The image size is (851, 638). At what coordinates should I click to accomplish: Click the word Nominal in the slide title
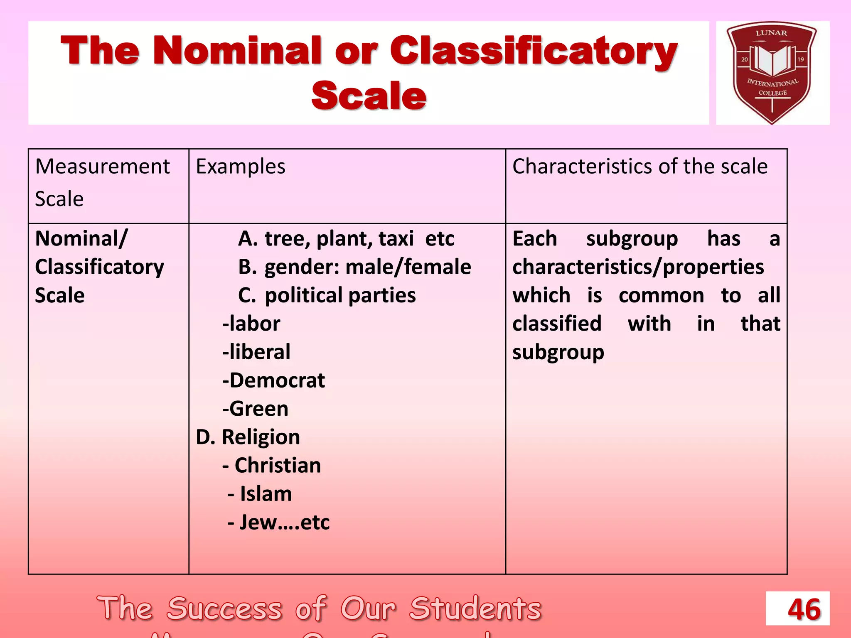[x=237, y=51]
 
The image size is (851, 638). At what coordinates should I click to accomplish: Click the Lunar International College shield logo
[x=772, y=73]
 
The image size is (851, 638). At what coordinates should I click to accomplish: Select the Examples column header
[x=241, y=167]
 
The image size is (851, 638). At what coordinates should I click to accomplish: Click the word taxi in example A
[x=396, y=239]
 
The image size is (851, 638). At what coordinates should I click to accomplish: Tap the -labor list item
[x=251, y=324]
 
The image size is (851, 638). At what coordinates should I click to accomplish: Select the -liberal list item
[x=256, y=352]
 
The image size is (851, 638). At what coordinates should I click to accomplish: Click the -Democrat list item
[x=273, y=380]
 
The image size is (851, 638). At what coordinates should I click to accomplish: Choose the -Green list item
[x=255, y=409]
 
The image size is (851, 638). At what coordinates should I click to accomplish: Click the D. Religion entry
[x=248, y=437]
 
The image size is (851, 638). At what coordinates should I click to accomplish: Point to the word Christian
[x=278, y=466]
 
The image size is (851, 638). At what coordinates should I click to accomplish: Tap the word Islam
[x=266, y=494]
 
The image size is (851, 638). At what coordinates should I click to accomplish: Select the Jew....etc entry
[x=284, y=523]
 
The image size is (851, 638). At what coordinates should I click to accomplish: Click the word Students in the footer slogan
[x=475, y=609]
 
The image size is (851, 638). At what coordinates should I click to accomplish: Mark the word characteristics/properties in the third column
[x=638, y=267]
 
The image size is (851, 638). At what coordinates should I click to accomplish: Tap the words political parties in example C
[x=340, y=295]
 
